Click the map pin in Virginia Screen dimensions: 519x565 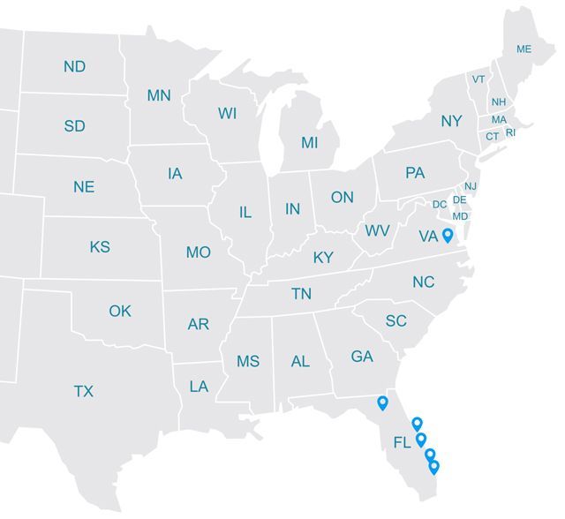(x=448, y=235)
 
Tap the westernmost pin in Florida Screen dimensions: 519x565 (x=382, y=402)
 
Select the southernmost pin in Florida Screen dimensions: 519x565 (x=433, y=466)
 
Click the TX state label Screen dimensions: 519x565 (x=83, y=390)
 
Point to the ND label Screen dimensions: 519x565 (x=75, y=67)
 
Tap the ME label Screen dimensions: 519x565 (x=524, y=49)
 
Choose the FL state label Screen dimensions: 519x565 (x=402, y=442)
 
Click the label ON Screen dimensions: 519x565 (x=343, y=198)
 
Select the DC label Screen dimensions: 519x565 (x=440, y=205)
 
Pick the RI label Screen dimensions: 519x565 (x=510, y=133)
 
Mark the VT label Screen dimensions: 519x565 (x=478, y=79)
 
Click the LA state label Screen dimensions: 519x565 (x=199, y=387)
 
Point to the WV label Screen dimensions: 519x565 (x=378, y=230)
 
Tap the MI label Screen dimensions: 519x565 (x=309, y=142)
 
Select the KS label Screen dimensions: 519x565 (x=100, y=246)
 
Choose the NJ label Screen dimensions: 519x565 (x=471, y=186)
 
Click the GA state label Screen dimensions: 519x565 (x=362, y=357)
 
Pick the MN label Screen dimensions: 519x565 (x=159, y=95)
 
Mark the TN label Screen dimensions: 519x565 (x=302, y=294)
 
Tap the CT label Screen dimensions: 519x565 (x=492, y=136)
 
